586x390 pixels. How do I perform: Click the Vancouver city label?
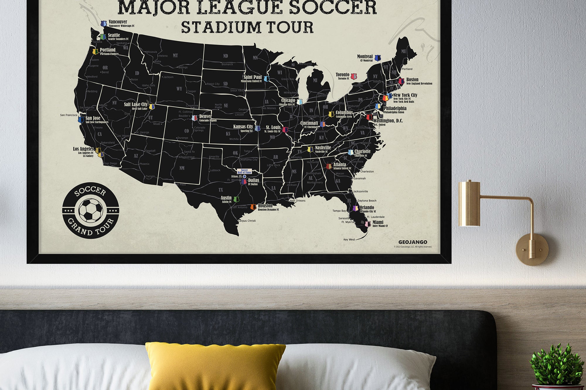pyautogui.click(x=118, y=22)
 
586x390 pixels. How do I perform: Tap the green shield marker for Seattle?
pyautogui.click(x=103, y=37)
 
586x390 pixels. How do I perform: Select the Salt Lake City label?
pyautogui.click(x=136, y=104)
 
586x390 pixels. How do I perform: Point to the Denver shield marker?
pyautogui.click(x=194, y=118)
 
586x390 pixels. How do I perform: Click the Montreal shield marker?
pyautogui.click(x=378, y=58)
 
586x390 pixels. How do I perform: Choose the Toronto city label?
pyautogui.click(x=343, y=75)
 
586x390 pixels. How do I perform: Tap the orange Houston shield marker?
pyautogui.click(x=253, y=207)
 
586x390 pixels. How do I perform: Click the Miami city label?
pyautogui.click(x=378, y=222)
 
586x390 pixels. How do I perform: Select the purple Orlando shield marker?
pyautogui.click(x=355, y=208)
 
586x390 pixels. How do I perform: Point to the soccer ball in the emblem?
pyautogui.click(x=91, y=210)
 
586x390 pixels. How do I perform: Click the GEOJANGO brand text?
pyautogui.click(x=413, y=242)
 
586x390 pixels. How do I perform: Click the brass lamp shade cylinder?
pyautogui.click(x=469, y=204)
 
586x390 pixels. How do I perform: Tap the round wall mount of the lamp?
pyautogui.click(x=532, y=249)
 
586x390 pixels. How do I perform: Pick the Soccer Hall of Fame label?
pyautogui.click(x=244, y=171)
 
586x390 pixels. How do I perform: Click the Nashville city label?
pyautogui.click(x=323, y=148)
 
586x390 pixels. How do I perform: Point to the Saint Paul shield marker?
pyautogui.click(x=266, y=79)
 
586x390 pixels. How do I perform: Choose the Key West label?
pyautogui.click(x=349, y=240)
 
